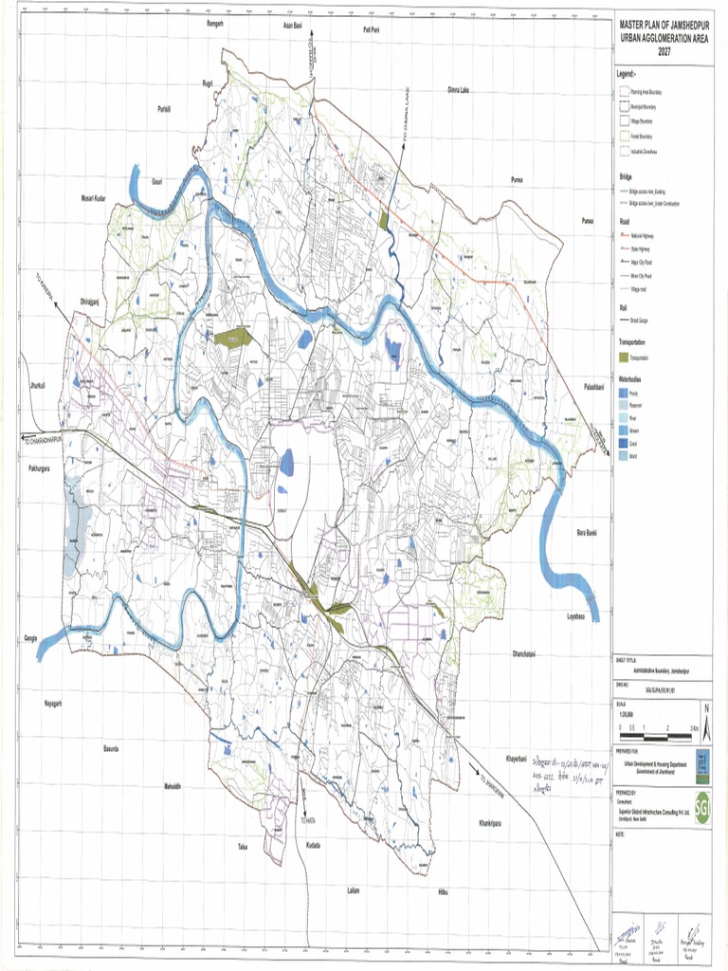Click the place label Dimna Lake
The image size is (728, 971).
click(459, 90)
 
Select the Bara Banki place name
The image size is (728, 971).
click(590, 536)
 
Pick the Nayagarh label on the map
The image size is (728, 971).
click(53, 703)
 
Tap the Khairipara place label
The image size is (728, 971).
click(495, 822)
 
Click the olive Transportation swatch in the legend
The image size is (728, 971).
click(623, 357)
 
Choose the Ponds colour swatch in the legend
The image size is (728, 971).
click(622, 391)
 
